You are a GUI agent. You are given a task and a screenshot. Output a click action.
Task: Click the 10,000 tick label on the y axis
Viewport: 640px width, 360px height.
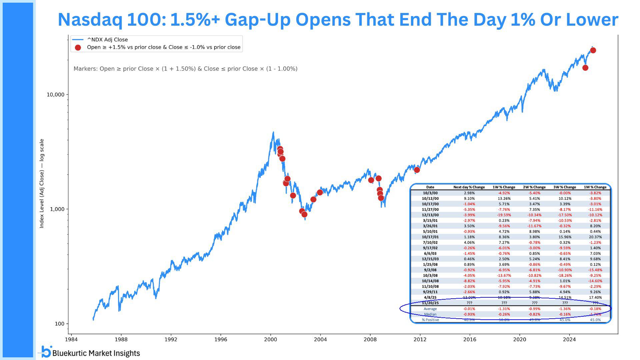pyautogui.click(x=55, y=95)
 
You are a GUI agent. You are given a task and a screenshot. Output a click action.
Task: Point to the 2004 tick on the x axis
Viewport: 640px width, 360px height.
pyautogui.click(x=320, y=339)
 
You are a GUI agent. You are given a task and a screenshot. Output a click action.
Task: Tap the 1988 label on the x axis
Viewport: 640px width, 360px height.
pyautogui.click(x=121, y=339)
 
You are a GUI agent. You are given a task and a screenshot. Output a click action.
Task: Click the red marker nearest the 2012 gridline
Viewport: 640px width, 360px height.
pyautogui.click(x=417, y=170)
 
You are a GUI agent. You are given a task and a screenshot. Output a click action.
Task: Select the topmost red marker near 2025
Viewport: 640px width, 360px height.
pyautogui.click(x=593, y=50)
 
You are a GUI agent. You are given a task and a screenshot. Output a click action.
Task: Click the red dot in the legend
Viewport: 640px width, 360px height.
pyautogui.click(x=78, y=48)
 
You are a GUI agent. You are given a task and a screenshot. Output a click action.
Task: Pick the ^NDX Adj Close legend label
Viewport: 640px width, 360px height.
pyautogui.click(x=107, y=40)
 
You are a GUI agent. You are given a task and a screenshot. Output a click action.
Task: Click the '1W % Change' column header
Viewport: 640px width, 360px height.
pyautogui.click(x=504, y=187)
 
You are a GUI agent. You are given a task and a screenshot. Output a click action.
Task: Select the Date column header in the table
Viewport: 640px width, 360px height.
pyautogui.click(x=430, y=187)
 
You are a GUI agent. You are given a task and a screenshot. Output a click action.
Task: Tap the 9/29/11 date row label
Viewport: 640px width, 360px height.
pyautogui.click(x=430, y=292)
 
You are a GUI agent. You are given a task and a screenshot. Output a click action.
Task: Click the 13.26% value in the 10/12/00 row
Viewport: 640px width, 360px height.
pyautogui.click(x=504, y=199)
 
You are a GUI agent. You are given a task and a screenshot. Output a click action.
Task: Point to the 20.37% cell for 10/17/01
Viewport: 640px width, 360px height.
pyautogui.click(x=595, y=237)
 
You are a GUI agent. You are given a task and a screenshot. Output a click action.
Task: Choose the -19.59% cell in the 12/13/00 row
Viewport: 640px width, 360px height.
pyautogui.click(x=504, y=215)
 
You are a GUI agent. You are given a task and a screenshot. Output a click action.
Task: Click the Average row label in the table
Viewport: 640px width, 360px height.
pyautogui.click(x=430, y=309)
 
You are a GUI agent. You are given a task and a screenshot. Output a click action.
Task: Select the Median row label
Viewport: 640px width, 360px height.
pyautogui.click(x=430, y=314)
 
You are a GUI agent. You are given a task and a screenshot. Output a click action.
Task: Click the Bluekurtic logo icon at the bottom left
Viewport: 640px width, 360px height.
pyautogui.click(x=47, y=352)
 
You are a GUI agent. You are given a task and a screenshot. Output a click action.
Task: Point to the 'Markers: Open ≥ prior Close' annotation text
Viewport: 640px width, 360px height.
pyautogui.click(x=185, y=69)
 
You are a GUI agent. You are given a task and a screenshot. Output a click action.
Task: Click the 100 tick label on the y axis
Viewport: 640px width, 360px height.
pyautogui.click(x=59, y=324)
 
